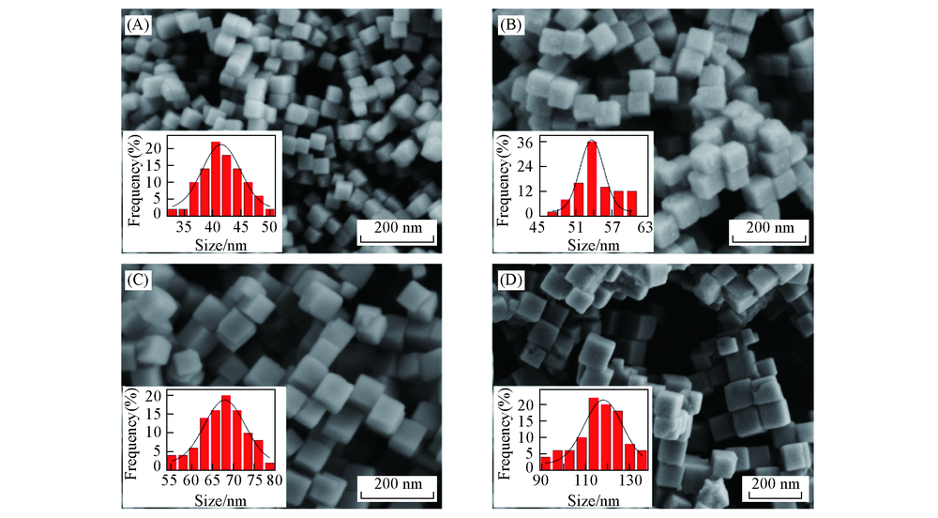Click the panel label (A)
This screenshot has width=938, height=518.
click(x=137, y=23)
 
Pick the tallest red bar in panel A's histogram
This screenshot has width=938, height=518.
click(x=216, y=178)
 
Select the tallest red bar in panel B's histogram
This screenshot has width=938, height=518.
click(x=591, y=177)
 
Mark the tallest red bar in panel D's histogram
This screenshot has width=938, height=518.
click(x=594, y=432)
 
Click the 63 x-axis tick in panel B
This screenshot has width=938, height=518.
click(x=643, y=226)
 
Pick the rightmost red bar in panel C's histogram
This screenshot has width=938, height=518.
click(x=270, y=465)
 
